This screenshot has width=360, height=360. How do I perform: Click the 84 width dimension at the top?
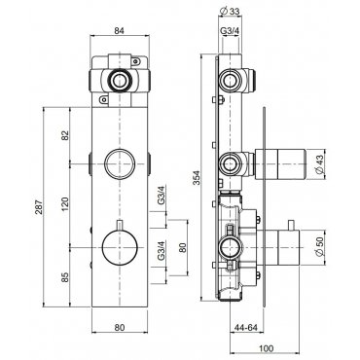pos(120,31)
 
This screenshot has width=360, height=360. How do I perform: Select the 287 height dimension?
pos(39,206)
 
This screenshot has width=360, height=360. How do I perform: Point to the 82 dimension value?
pos(65,135)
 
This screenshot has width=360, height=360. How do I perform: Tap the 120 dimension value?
pos(65,203)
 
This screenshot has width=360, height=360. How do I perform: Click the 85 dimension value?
pos(65,276)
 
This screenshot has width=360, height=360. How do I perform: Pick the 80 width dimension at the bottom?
pos(120,328)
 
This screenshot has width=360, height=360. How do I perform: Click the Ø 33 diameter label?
pos(230,12)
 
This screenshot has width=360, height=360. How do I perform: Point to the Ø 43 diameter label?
pos(320,164)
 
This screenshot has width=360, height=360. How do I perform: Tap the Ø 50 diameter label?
pos(320,247)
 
